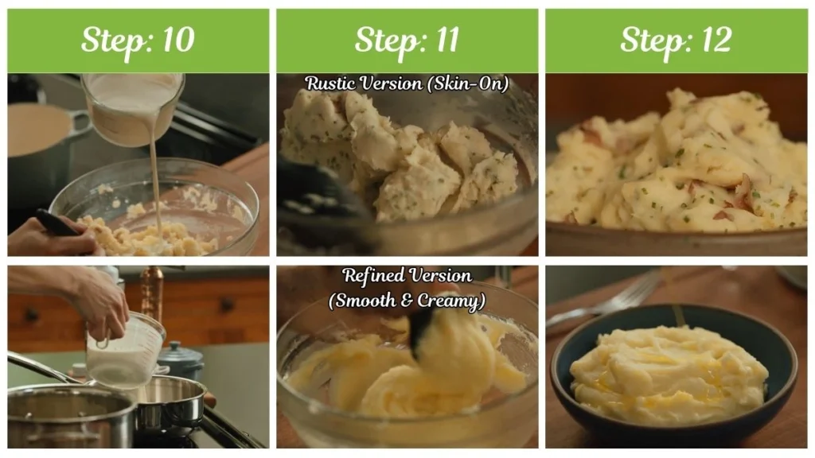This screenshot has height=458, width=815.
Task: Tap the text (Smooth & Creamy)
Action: click(x=407, y=301)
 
